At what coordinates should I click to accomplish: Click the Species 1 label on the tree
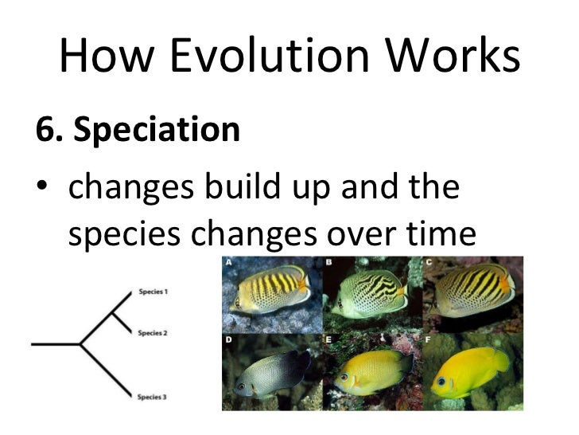click(x=153, y=292)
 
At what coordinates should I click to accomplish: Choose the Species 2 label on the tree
click(x=153, y=332)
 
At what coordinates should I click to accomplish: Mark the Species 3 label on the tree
click(x=153, y=396)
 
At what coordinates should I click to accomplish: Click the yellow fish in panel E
click(x=371, y=373)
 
